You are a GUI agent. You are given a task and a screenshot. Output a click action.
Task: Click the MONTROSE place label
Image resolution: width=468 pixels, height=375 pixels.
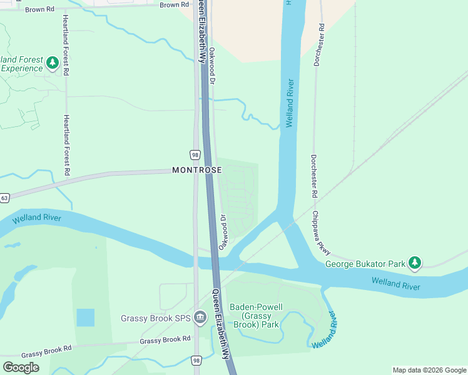point(196,170)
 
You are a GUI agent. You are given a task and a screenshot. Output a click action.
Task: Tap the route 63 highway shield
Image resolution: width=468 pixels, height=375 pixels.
point(4,198)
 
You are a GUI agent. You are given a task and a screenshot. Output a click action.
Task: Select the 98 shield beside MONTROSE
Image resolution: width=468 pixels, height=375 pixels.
point(195,154)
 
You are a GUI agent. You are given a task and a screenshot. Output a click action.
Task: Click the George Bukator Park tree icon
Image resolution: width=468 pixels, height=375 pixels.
point(414,264)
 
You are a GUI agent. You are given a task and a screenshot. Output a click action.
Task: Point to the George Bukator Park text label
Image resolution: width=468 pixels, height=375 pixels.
point(365,264)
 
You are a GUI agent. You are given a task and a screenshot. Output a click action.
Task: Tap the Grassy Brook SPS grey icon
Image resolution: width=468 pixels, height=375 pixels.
point(200,317)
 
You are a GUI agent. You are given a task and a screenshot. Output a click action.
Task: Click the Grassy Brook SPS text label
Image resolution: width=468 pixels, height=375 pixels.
point(155,318)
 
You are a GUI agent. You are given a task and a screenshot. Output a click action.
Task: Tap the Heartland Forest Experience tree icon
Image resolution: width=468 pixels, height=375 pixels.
point(53,63)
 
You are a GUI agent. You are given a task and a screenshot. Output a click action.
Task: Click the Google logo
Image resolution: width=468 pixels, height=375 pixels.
point(21,367)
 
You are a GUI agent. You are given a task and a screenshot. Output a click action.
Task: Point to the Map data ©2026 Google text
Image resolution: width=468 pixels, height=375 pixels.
point(429,370)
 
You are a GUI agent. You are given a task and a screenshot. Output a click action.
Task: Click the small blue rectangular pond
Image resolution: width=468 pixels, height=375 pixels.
point(85,317)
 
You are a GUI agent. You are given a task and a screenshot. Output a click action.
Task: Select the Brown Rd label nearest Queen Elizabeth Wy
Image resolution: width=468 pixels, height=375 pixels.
point(174,5)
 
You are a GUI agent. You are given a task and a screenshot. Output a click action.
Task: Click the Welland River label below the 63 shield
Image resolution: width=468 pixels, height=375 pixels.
point(36,217)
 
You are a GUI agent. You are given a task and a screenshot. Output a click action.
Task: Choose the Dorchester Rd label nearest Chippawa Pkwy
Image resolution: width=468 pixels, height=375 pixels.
point(314,177)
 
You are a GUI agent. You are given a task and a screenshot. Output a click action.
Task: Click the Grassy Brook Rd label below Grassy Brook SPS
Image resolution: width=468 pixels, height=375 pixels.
point(165,340)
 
